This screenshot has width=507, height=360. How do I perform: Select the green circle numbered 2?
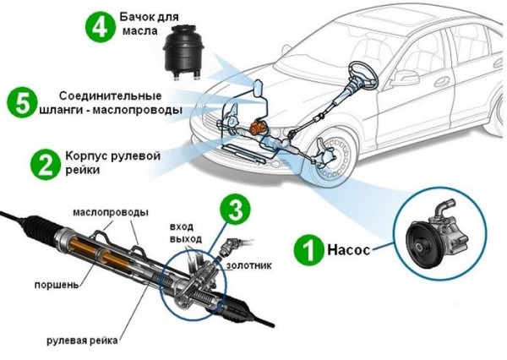(x=43, y=161)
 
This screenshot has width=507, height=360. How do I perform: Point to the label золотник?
(x=246, y=265)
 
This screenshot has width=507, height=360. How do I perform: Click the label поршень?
(x=57, y=285)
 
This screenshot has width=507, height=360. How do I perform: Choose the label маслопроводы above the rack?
(x=111, y=210)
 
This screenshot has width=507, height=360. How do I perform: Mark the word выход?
(x=185, y=240)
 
